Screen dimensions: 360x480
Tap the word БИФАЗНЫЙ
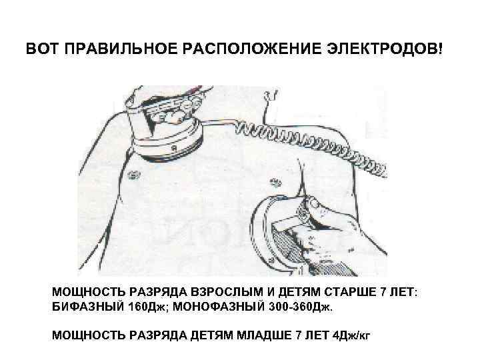point(88,309)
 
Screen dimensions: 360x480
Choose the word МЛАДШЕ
point(265,333)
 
